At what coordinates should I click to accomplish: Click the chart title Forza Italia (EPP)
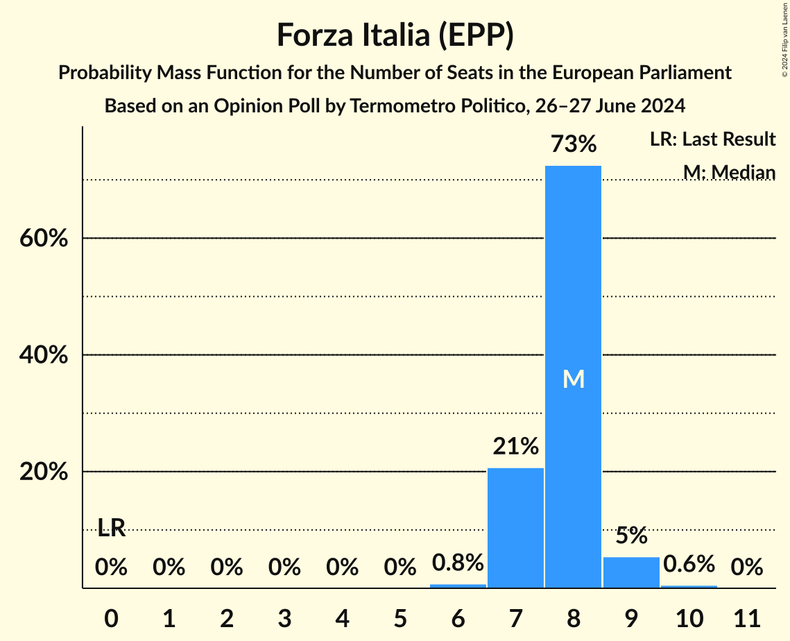[x=395, y=35]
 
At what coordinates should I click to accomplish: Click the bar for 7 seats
[x=515, y=528]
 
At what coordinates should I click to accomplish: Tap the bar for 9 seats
[x=631, y=572]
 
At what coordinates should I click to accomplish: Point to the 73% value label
[x=573, y=144]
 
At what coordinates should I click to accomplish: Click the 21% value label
[x=515, y=447]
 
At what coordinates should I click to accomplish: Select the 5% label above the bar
[x=631, y=536]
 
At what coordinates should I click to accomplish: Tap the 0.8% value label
[x=458, y=563]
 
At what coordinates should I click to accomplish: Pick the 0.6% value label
[x=689, y=564]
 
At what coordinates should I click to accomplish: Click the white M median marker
[x=574, y=379]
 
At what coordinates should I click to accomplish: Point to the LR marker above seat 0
[x=111, y=529]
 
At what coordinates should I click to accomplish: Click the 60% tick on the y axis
[x=43, y=239]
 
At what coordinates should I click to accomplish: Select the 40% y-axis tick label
[x=43, y=355]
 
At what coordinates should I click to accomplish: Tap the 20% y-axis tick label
[x=43, y=472]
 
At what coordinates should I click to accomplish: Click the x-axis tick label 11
[x=746, y=617]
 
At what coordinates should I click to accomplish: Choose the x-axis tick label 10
[x=689, y=617]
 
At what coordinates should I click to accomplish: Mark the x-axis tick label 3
[x=284, y=617]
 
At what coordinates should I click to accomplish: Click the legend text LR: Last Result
[x=712, y=139]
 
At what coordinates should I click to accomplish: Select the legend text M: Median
[x=728, y=172]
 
